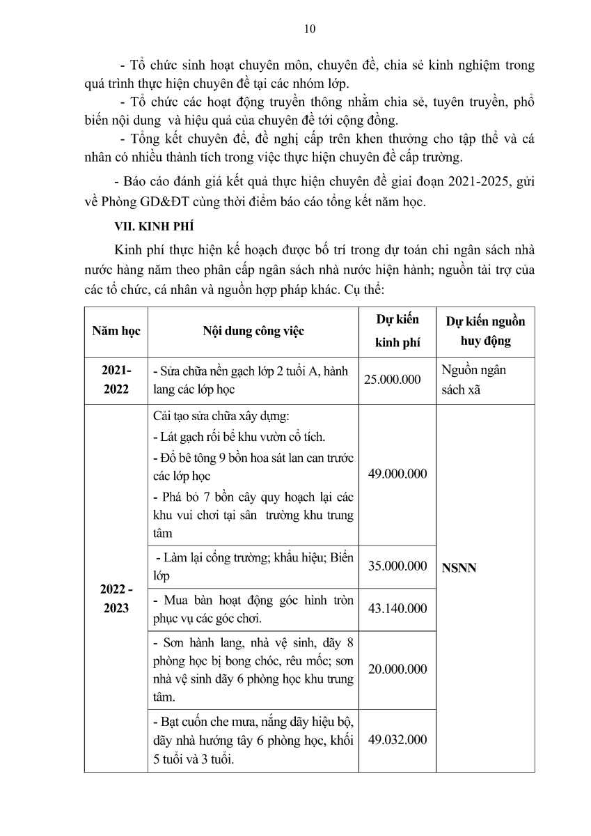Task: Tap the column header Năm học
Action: pos(116,331)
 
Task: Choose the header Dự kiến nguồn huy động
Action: pos(485,331)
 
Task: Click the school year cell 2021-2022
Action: pos(116,380)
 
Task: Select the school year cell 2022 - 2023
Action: pos(116,598)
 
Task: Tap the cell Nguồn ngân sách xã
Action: pos(473,380)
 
